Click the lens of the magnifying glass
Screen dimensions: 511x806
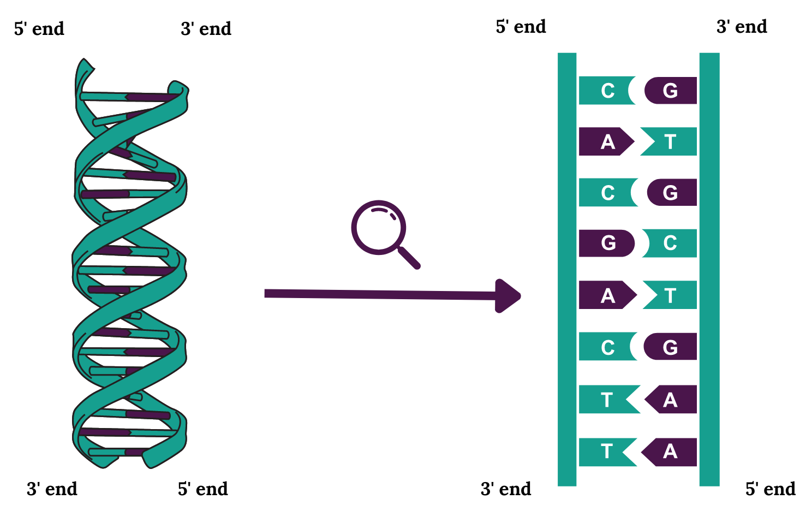[378, 227]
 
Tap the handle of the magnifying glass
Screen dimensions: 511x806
[409, 258]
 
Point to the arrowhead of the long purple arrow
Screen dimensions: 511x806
[508, 296]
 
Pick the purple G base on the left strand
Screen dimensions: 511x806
[606, 243]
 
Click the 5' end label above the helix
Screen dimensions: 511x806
[39, 28]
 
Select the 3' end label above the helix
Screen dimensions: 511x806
[206, 28]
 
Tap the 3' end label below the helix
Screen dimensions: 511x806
[52, 489]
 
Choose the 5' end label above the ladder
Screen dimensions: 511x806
[521, 26]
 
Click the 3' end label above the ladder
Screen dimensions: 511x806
[742, 26]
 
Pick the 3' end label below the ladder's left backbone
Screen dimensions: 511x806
[506, 489]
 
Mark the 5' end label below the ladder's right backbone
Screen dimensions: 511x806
[771, 489]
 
